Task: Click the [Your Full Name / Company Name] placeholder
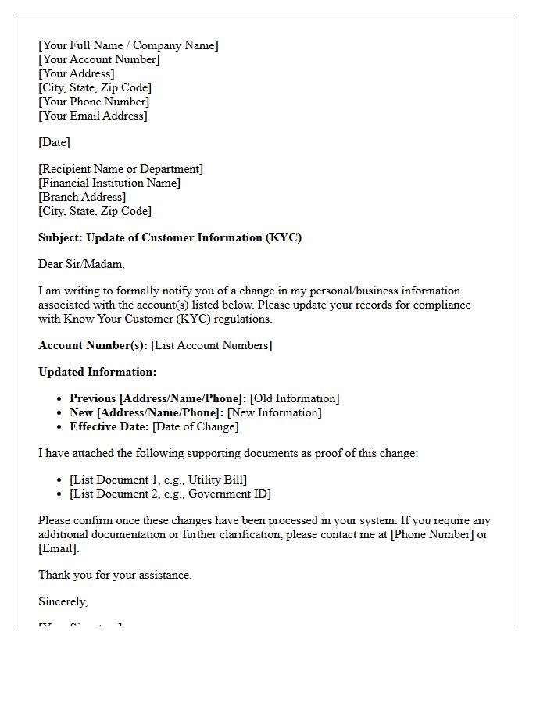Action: (x=128, y=45)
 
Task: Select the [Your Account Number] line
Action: (x=98, y=59)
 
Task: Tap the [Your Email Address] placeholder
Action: (x=92, y=116)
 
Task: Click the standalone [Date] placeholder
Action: (x=54, y=142)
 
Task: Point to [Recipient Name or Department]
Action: (x=120, y=169)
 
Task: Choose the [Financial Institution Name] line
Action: (x=109, y=183)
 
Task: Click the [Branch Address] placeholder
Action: (x=82, y=197)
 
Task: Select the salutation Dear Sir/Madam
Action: (x=81, y=264)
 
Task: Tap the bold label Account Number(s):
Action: (x=92, y=345)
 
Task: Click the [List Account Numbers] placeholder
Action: (x=212, y=345)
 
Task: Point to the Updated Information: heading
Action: (x=97, y=372)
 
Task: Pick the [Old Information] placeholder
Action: (x=295, y=398)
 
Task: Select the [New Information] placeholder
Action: (x=274, y=412)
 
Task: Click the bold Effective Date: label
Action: (x=109, y=426)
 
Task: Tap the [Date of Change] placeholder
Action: (x=195, y=426)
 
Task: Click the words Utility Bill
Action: (x=216, y=480)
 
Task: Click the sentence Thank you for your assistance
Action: (x=115, y=575)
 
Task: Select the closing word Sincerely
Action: (x=63, y=601)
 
